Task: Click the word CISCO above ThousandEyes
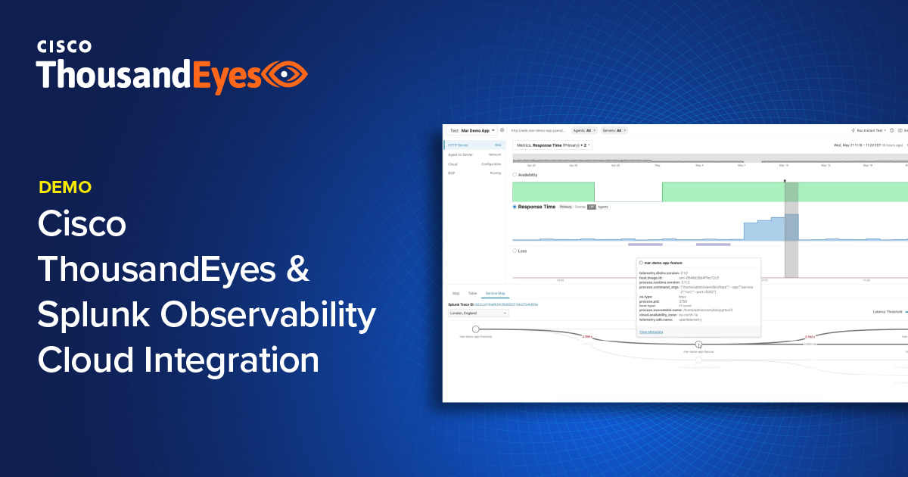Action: coord(64,46)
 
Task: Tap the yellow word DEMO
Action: coord(65,187)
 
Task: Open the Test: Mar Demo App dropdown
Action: coord(471,130)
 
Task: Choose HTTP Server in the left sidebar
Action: coord(459,145)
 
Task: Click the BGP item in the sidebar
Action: coord(452,173)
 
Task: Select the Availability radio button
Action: coord(515,175)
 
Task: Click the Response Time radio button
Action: coord(515,206)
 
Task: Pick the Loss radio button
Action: coord(515,251)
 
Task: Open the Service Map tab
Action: coord(496,292)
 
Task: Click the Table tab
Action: coord(472,292)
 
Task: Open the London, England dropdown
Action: coord(478,313)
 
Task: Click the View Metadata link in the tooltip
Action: coord(651,332)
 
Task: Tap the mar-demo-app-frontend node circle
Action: coord(476,329)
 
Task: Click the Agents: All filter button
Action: coord(583,130)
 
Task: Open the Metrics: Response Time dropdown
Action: coord(552,145)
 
